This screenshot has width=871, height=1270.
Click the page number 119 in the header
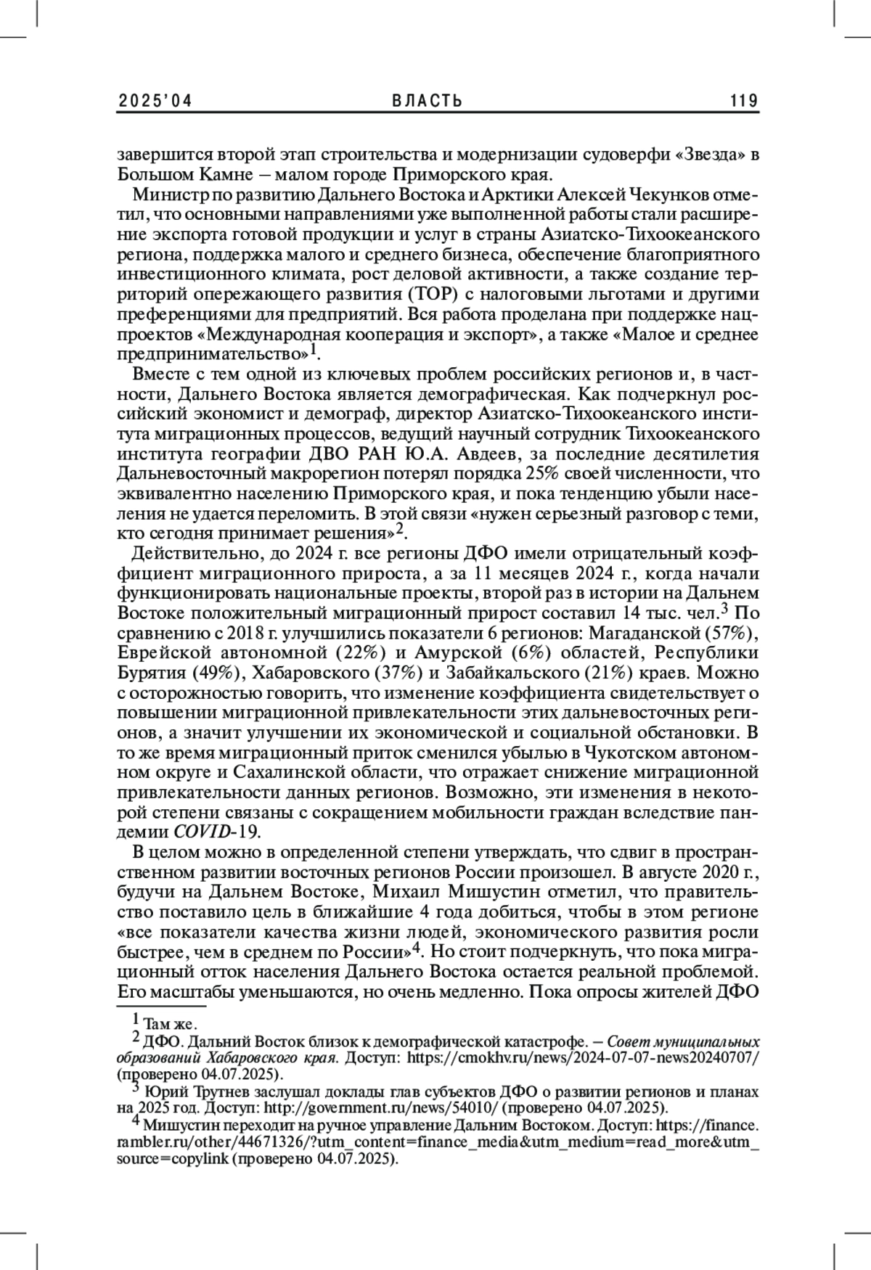745,101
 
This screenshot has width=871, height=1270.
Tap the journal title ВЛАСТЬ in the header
428,101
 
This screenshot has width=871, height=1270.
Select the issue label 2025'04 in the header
154,101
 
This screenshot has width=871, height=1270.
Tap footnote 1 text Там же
170,1024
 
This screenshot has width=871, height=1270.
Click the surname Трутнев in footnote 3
211,1091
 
